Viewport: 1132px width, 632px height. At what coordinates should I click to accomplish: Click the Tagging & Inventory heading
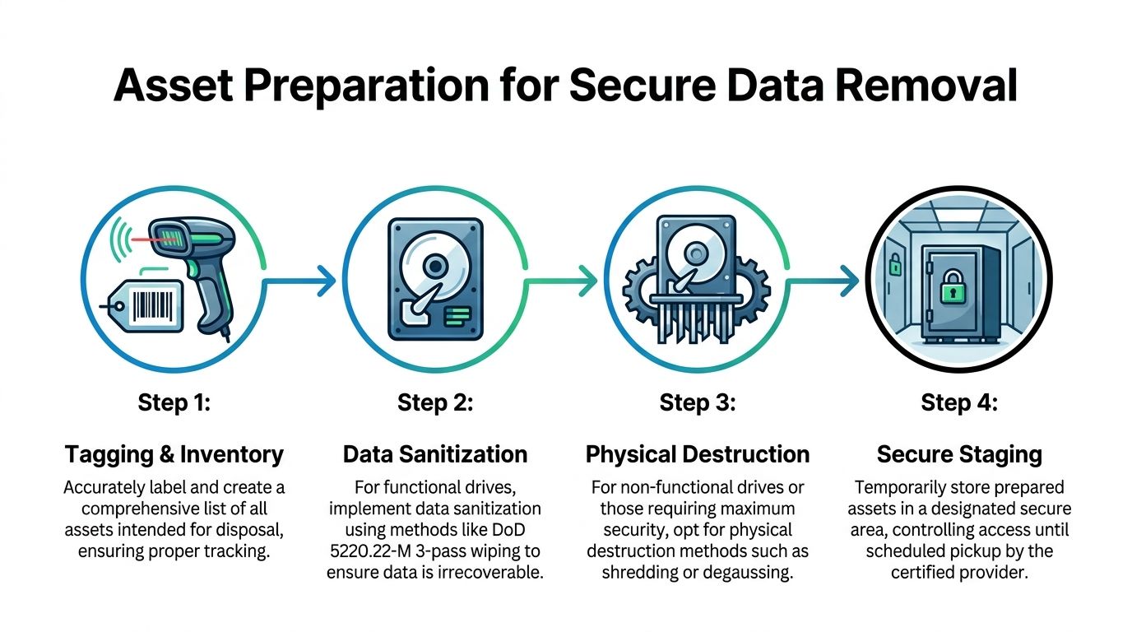click(174, 453)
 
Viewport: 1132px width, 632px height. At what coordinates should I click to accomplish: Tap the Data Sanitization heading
click(435, 453)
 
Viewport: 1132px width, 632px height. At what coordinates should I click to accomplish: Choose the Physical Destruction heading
click(697, 453)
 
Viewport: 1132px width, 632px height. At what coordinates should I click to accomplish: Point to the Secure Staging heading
click(959, 453)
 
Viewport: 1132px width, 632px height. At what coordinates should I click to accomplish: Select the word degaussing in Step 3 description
click(748, 573)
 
